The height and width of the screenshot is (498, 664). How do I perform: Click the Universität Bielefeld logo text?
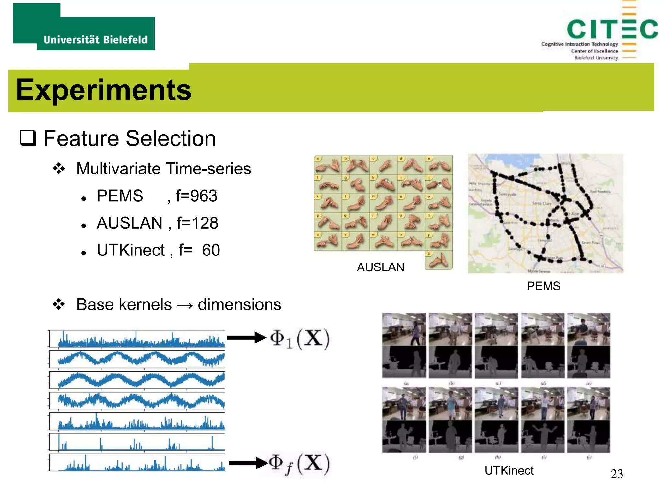click(95, 40)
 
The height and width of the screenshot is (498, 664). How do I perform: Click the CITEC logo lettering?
click(612, 29)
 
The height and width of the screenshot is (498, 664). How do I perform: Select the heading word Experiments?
click(103, 90)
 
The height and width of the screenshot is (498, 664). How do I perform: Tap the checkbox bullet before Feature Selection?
click(28, 138)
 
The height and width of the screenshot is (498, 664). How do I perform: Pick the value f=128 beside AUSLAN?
click(197, 223)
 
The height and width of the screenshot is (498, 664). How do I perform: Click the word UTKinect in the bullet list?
click(131, 250)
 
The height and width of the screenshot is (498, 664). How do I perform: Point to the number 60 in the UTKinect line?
click(211, 250)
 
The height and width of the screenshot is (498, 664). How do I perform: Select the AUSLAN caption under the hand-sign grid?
click(380, 267)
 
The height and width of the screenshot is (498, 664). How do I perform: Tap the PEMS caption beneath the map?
click(543, 286)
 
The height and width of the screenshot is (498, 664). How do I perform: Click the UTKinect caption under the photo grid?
click(509, 470)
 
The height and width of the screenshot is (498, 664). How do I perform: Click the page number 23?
click(617, 474)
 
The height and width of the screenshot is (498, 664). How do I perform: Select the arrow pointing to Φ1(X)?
click(246, 338)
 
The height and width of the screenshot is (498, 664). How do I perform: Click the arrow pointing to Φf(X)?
click(248, 463)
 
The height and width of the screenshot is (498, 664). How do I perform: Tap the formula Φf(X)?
click(299, 464)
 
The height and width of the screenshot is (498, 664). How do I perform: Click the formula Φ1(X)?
click(300, 339)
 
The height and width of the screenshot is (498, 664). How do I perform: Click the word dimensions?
click(239, 305)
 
